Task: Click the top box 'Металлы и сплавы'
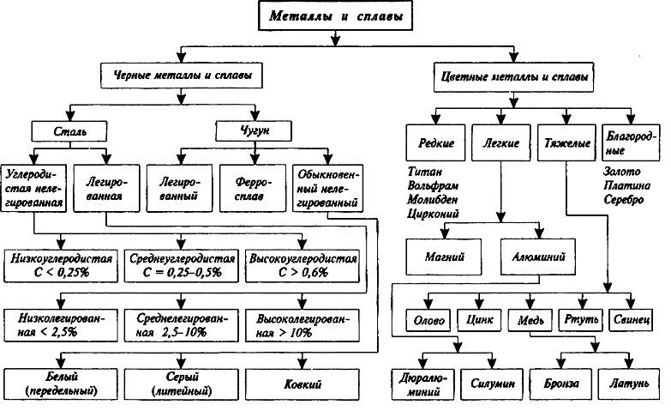tap(335, 16)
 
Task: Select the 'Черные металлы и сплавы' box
tap(183, 76)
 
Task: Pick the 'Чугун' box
tap(255, 132)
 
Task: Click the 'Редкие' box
tap(436, 141)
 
